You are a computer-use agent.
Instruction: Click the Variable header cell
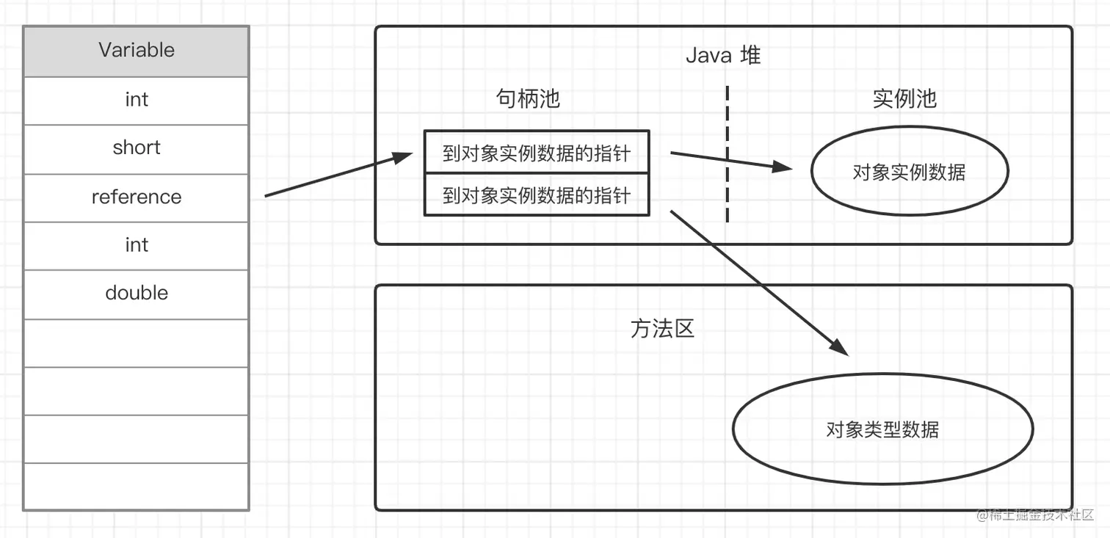tap(137, 51)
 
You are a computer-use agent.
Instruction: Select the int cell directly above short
tap(137, 100)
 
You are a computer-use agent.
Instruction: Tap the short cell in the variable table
tap(137, 148)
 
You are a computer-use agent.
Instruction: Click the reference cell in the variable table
tap(137, 197)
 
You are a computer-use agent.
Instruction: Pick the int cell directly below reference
tap(137, 245)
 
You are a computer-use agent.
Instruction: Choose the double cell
tap(137, 294)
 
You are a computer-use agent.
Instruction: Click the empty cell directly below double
tap(137, 343)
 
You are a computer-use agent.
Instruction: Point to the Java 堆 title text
tap(722, 56)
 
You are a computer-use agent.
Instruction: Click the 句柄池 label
tap(528, 99)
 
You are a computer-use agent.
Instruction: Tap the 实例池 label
tap(904, 99)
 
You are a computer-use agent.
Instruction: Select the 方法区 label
tap(662, 328)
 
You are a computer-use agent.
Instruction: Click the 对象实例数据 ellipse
tap(909, 172)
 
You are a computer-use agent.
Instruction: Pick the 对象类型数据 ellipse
tap(882, 429)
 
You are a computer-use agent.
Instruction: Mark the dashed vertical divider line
tap(727, 154)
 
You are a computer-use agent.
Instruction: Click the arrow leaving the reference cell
tap(338, 175)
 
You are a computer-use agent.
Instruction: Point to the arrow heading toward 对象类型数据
tap(760, 283)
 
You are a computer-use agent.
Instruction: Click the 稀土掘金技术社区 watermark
tap(1035, 515)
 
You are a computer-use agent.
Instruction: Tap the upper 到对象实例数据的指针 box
tap(537, 153)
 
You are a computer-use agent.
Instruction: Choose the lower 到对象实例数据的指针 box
tap(537, 195)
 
